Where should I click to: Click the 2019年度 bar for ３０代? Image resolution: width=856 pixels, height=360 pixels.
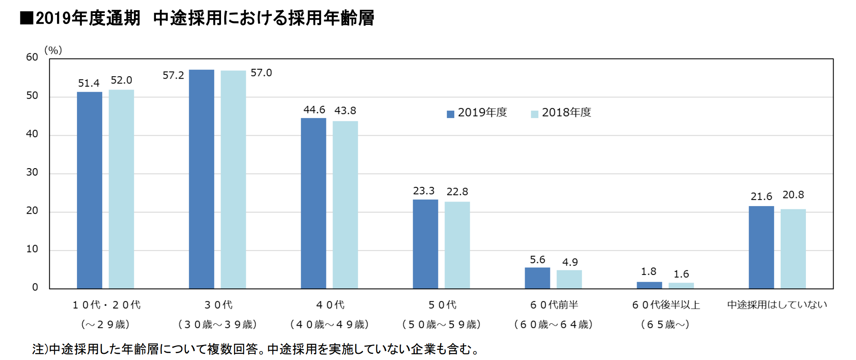(x=201, y=179)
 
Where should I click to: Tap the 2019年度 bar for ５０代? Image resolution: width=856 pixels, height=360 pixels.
(x=425, y=244)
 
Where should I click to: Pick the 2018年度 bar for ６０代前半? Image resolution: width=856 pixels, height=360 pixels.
(x=569, y=279)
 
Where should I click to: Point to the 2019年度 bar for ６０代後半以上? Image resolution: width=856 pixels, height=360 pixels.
(x=649, y=285)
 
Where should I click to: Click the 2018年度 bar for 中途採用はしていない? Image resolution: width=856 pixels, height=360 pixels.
(x=793, y=249)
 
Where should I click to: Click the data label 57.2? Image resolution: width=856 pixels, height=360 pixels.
(x=173, y=75)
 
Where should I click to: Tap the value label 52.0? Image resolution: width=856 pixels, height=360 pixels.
(x=121, y=80)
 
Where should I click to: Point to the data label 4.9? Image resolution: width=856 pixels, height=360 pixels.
(x=570, y=262)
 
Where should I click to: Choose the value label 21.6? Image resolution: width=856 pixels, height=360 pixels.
(x=761, y=197)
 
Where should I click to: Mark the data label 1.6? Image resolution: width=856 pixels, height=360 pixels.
(x=681, y=274)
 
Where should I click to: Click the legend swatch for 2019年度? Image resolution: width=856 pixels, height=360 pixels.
(x=450, y=114)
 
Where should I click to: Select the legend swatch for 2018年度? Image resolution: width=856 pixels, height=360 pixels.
(x=534, y=114)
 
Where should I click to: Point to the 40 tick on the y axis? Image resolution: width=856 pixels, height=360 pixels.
(x=32, y=134)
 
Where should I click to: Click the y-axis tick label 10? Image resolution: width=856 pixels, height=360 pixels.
(x=32, y=249)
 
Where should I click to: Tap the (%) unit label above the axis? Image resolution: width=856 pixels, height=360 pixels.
(x=53, y=50)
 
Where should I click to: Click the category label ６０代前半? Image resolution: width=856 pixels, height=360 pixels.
(x=554, y=305)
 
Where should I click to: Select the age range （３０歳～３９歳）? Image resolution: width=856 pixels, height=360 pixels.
(x=218, y=325)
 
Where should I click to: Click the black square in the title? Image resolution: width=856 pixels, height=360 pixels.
(x=26, y=18)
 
